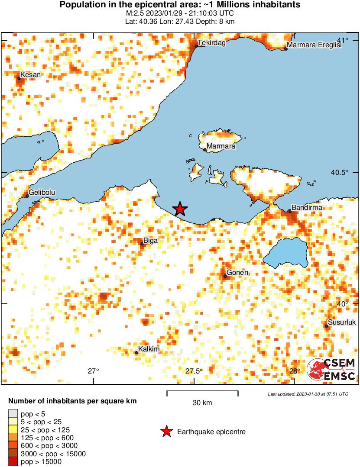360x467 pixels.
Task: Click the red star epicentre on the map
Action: coord(180,209)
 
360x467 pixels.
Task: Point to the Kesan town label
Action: coord(30,74)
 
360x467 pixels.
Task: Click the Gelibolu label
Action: coord(42,192)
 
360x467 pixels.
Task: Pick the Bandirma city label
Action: coord(306,208)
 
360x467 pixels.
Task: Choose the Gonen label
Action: coord(237,272)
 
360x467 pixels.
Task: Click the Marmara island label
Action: coord(221,146)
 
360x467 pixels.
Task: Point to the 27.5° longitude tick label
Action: coord(194,371)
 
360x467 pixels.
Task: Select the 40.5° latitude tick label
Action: coord(339,172)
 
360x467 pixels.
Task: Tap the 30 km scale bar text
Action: coord(202,403)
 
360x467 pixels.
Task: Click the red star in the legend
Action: coord(166,432)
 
